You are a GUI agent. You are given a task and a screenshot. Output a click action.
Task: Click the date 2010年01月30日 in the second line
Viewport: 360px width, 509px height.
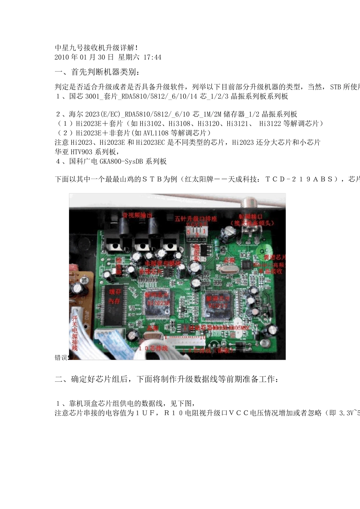coord(84,58)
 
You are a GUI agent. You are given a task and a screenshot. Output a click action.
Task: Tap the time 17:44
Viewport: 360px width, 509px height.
coord(152,58)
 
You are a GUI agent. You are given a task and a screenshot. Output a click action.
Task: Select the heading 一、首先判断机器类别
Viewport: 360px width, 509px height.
coord(99,72)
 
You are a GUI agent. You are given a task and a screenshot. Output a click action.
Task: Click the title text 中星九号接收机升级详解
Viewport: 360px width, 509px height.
coord(96,48)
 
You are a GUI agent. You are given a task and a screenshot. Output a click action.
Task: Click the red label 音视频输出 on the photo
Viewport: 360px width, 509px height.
coord(137,215)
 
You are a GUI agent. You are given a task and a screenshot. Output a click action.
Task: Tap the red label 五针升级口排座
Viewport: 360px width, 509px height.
coord(196,219)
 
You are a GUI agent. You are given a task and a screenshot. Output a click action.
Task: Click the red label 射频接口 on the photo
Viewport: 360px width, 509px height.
coord(250,217)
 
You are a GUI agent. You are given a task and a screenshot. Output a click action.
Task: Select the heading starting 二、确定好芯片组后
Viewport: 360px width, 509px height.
coord(167,379)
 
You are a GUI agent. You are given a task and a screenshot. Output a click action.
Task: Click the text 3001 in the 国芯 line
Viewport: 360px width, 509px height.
coord(92,97)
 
